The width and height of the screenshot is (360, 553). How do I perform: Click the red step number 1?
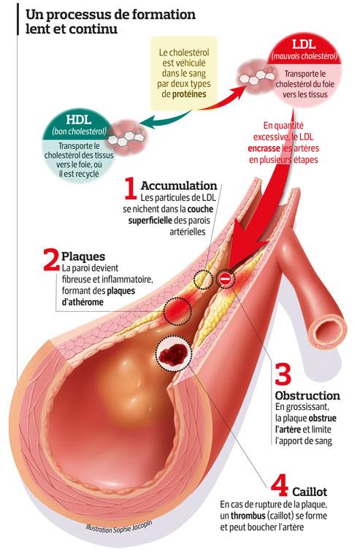(x=131, y=188)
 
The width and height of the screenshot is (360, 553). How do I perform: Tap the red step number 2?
(x=51, y=259)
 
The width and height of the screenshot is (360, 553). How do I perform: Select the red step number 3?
(x=283, y=374)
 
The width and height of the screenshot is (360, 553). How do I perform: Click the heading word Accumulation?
(x=179, y=186)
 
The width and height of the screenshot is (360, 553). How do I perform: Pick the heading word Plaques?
(x=83, y=256)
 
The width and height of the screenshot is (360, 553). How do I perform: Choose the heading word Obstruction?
(x=307, y=395)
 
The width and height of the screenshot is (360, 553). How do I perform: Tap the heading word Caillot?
(x=310, y=492)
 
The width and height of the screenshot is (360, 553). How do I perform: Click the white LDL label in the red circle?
(x=304, y=45)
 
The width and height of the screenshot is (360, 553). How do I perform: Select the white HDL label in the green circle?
(x=79, y=120)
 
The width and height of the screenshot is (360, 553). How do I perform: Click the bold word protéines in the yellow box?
(x=189, y=94)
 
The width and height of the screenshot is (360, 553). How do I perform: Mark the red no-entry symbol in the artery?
(x=226, y=279)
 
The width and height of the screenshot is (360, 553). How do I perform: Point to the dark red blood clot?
(x=173, y=354)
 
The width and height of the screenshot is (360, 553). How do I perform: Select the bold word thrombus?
(x=248, y=516)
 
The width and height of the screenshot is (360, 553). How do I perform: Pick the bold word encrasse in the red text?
(x=264, y=148)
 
